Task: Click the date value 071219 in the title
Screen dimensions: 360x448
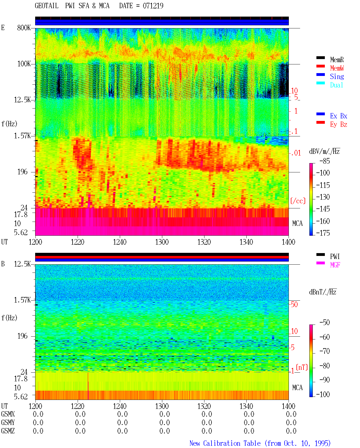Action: (x=153, y=6)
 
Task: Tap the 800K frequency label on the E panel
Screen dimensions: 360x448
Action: (x=24, y=28)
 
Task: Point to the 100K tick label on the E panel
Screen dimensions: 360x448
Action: (x=24, y=64)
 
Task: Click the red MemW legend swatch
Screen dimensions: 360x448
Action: (x=320, y=66)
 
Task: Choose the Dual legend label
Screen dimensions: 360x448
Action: (x=337, y=85)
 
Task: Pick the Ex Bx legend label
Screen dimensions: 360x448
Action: (x=339, y=116)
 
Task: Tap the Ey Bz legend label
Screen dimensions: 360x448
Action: (x=339, y=125)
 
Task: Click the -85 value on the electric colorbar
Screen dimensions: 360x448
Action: (x=325, y=161)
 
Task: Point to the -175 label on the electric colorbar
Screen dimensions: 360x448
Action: (x=323, y=233)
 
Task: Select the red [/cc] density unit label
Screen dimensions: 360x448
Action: (x=298, y=201)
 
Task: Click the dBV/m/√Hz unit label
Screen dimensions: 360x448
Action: (x=325, y=151)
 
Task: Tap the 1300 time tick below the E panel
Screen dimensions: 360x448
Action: (x=162, y=242)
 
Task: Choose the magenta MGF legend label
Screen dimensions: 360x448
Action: (x=335, y=265)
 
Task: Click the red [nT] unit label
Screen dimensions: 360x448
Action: (x=302, y=367)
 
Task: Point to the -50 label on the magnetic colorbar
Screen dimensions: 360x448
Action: (x=325, y=323)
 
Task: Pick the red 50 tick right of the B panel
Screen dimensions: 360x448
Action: (x=294, y=305)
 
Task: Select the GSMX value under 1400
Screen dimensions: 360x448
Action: (x=291, y=414)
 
